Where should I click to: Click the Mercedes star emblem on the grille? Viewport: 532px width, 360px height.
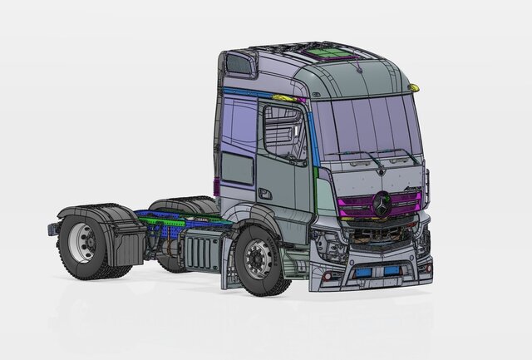tap(382, 204)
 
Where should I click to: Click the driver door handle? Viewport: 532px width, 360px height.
tap(265, 194)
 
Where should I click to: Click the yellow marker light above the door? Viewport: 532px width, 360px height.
tap(284, 98)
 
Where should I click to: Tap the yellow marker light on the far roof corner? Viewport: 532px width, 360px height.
tap(413, 87)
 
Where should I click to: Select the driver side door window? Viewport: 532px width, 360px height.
tap(284, 133)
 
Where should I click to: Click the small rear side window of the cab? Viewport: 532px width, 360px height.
tap(238, 169)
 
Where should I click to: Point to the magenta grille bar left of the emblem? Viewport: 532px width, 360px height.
tap(356, 205)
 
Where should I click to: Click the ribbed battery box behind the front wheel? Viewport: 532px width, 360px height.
tap(199, 248)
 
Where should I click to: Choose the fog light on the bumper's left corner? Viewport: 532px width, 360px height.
tap(328, 275)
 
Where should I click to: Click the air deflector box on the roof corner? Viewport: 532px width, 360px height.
tap(239, 64)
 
